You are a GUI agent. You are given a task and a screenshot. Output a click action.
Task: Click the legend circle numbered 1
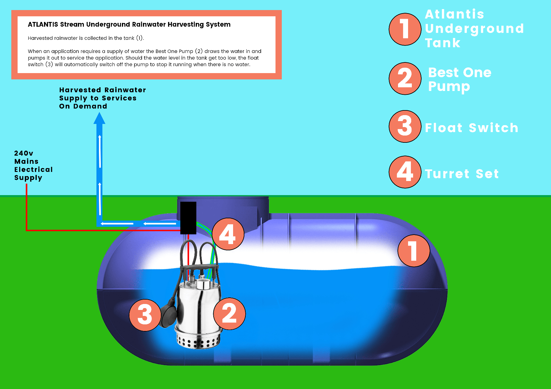click(x=405, y=29)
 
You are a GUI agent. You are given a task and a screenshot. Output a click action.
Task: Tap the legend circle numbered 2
click(x=405, y=78)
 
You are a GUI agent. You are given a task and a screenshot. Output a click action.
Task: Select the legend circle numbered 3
click(x=405, y=126)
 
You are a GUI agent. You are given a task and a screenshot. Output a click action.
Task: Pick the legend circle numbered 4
click(x=405, y=172)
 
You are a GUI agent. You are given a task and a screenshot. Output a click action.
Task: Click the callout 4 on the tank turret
click(x=228, y=234)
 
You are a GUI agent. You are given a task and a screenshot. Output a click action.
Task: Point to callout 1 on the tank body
click(x=414, y=251)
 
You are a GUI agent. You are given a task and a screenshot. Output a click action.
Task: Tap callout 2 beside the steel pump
click(x=230, y=314)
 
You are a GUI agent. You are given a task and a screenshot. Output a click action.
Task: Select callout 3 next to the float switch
click(x=145, y=315)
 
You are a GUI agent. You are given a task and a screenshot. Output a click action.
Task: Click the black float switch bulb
click(x=169, y=314)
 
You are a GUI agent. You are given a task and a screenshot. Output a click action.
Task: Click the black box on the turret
click(x=188, y=218)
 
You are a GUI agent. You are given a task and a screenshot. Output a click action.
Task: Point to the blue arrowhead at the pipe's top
click(x=99, y=118)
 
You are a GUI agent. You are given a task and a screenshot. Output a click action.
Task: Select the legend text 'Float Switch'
click(x=472, y=128)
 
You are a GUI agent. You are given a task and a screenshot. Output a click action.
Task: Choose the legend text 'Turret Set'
click(x=462, y=173)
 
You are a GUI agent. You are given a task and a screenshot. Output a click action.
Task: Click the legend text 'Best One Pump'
click(x=460, y=80)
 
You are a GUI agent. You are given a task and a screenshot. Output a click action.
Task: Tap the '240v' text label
click(x=24, y=153)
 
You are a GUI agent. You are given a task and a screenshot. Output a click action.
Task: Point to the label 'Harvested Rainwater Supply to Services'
click(x=103, y=94)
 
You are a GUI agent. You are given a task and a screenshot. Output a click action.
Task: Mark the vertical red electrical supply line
click(x=26, y=207)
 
